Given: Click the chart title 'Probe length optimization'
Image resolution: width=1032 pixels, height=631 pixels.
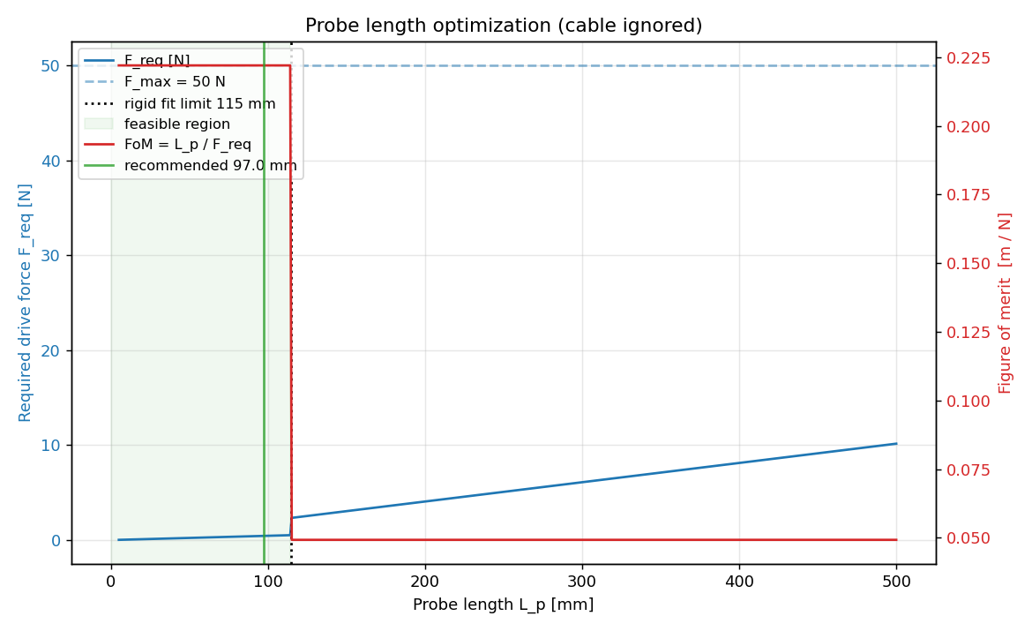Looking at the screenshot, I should pos(503,26).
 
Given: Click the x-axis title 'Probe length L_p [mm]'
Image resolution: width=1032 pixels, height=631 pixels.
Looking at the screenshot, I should pos(503,605).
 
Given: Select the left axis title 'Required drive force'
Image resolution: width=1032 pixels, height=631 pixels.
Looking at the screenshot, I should pos(26,303).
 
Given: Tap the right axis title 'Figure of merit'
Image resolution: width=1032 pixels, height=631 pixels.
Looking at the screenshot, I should pos(1006,303).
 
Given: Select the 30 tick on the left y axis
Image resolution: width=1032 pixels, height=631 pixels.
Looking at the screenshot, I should pos(47,256).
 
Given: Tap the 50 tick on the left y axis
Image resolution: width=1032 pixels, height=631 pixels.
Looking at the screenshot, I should pos(47,66).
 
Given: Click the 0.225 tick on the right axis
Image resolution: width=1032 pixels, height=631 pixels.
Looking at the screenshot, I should pos(968,58).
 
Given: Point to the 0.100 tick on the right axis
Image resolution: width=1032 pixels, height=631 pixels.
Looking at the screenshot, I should pos(968,401).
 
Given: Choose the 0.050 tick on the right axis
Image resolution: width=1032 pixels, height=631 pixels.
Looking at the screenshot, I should pos(968,538).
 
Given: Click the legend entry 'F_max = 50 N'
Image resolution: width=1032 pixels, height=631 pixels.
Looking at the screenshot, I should pos(175,82).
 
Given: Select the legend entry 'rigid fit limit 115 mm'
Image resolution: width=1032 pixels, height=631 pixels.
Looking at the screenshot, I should pos(199,103).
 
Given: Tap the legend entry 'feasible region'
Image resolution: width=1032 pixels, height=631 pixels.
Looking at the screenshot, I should pos(176,124).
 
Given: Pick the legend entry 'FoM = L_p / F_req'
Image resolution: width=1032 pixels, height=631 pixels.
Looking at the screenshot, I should pos(187,145).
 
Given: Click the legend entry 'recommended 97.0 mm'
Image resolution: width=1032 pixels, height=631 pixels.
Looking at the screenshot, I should pos(210,166).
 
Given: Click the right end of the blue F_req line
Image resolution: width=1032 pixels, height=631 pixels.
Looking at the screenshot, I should pos(896,444).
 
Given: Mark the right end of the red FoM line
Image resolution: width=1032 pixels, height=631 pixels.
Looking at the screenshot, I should pos(896,539).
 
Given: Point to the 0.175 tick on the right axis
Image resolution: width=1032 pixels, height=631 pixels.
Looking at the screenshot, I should pos(968,195).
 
